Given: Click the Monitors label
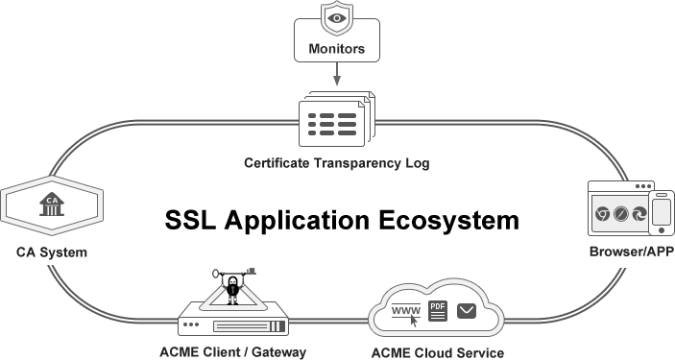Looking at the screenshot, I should [x=336, y=49].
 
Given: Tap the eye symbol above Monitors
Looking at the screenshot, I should [x=336, y=18].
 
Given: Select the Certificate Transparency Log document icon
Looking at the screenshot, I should [x=335, y=122].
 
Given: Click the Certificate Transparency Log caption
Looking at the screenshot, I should [x=336, y=163].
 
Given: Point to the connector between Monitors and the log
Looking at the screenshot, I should [x=336, y=76].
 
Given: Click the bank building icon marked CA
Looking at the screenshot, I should [x=51, y=204].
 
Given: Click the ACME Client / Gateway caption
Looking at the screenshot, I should [x=233, y=352].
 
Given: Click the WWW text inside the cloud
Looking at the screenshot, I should [x=407, y=309].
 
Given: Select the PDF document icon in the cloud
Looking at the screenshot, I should [x=438, y=310].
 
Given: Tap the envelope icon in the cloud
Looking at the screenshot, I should [x=468, y=310].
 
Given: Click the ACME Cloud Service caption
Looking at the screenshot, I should [x=437, y=352].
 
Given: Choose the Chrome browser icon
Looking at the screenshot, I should [x=602, y=215].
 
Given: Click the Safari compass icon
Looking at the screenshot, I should [x=621, y=215].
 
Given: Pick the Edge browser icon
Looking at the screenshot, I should [x=640, y=215].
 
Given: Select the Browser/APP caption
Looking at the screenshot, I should [x=629, y=252].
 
